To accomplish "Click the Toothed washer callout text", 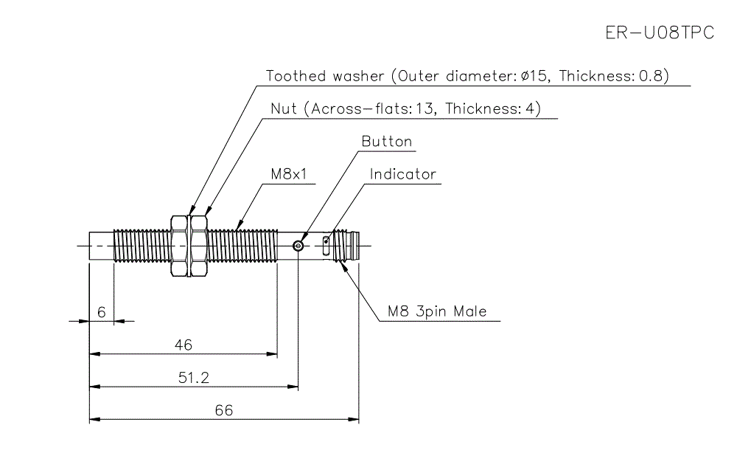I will click(x=467, y=76).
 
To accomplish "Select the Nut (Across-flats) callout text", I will click(x=405, y=109).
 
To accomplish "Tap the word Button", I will click(x=387, y=142).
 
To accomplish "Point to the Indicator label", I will click(x=402, y=175).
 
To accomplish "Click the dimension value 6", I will click(x=101, y=312).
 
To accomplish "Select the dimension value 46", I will click(x=183, y=345).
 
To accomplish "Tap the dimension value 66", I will click(x=223, y=410).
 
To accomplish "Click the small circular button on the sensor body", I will click(x=298, y=246).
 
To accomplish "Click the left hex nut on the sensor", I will click(x=178, y=246).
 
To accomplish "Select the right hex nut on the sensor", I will click(x=198, y=246).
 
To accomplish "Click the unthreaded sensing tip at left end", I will click(x=102, y=246).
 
